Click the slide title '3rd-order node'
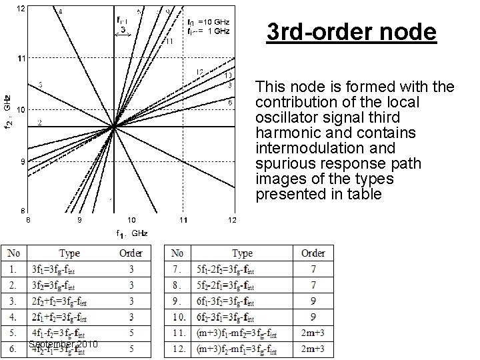[351, 32]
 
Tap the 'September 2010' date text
[63, 344]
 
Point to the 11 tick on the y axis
[21, 59]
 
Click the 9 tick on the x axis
[79, 220]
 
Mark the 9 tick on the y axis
[21, 161]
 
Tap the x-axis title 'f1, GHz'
[131, 233]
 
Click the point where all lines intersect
[113, 127]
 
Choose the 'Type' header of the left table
[69, 253]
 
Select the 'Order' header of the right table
[313, 253]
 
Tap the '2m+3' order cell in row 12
[313, 349]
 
